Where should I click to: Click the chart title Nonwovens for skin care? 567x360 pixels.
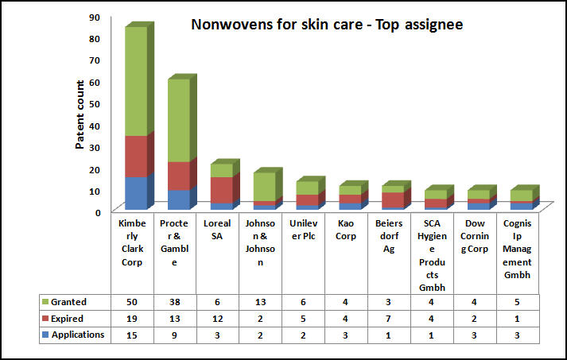327,25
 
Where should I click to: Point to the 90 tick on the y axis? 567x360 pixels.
94,17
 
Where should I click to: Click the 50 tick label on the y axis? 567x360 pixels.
94,103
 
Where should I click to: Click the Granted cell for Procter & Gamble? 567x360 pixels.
174,303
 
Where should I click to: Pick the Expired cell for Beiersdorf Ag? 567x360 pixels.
389,319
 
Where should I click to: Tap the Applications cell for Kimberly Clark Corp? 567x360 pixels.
131,335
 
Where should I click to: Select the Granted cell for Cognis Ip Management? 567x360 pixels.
518,303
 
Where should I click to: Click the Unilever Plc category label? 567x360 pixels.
303,230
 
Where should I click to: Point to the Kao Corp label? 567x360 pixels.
346,230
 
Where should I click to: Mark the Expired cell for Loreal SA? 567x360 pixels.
217,319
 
